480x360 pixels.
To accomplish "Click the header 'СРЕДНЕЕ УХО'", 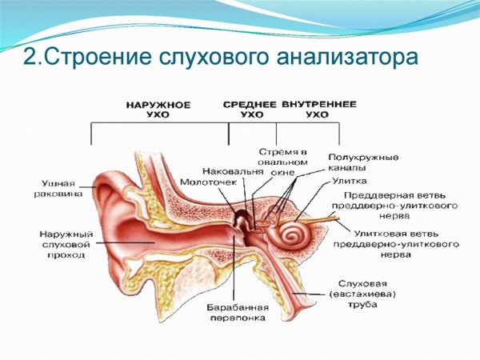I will point(250,110).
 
